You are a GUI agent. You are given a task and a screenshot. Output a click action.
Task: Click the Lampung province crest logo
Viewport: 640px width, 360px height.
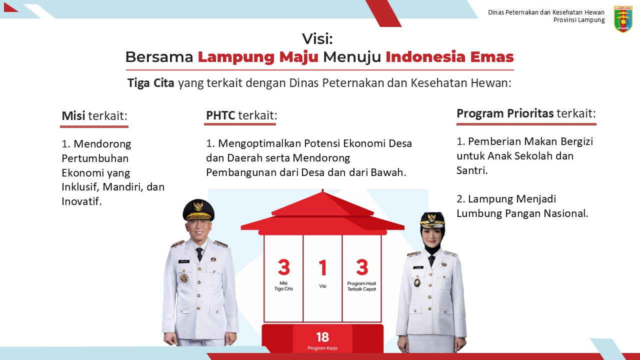point(623,19)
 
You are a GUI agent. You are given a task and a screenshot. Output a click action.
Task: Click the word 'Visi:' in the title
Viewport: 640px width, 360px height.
point(317,38)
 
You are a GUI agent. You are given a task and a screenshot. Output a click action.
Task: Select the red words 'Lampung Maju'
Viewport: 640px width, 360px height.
point(258,57)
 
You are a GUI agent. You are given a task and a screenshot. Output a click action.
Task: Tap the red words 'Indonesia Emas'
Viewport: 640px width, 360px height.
point(449,56)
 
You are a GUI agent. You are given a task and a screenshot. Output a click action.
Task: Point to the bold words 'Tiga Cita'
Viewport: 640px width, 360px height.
point(150,83)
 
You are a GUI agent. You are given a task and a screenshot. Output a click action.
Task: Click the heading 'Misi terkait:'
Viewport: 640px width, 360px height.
point(94,116)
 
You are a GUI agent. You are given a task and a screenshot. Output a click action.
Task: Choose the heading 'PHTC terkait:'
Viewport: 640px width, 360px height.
point(241,115)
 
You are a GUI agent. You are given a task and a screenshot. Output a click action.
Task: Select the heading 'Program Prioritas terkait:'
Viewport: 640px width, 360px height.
point(526,113)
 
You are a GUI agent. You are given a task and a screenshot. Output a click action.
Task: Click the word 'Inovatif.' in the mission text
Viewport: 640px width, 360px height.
point(81,201)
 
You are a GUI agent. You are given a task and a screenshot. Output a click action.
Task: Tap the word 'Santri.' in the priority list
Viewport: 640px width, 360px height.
point(472,170)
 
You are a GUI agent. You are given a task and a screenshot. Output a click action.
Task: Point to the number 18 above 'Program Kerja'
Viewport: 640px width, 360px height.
point(322,337)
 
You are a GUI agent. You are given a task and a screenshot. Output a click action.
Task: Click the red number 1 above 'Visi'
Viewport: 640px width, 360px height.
point(322,267)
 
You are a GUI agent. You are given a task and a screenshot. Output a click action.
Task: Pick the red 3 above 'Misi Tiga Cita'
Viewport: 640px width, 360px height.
point(283,267)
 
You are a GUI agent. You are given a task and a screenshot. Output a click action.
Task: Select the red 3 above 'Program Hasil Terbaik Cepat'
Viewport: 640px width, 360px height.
point(361,267)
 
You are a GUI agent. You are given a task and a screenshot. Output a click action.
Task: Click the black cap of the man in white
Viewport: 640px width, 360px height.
point(198,210)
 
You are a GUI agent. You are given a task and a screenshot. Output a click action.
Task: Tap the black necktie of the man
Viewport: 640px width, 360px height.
point(199,253)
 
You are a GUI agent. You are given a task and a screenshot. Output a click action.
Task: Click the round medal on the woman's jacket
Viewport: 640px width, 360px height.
point(417,282)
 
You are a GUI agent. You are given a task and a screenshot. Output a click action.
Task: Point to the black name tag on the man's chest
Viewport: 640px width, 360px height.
point(184,261)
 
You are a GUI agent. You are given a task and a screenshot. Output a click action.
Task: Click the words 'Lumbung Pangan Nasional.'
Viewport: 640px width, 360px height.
point(522,213)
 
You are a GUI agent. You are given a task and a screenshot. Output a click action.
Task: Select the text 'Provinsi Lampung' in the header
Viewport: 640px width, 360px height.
point(579,20)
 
